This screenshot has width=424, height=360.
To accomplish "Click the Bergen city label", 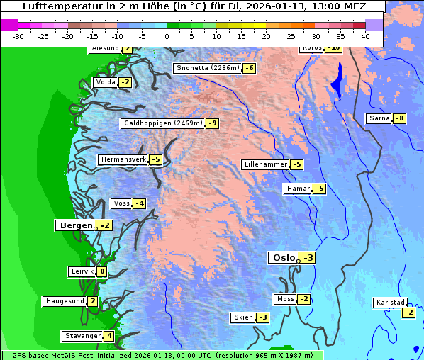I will (x=75, y=225).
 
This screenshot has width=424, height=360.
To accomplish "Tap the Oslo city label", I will (x=283, y=258).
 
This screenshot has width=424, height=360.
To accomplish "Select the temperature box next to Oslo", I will (x=308, y=258).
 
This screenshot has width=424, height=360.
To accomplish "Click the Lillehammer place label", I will (x=265, y=164).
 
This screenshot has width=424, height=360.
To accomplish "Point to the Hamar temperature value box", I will (x=319, y=189).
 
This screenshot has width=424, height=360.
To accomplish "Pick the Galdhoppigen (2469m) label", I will (x=162, y=123).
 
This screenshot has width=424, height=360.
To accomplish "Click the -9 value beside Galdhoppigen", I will (x=212, y=123).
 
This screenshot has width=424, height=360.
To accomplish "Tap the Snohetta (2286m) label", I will (x=207, y=68).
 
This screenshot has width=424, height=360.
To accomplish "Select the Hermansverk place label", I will (x=123, y=159).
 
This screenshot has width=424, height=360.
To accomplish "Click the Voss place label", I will (x=121, y=203).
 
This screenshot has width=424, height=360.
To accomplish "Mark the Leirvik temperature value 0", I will (x=102, y=271).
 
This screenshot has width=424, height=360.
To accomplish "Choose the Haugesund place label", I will (x=65, y=301).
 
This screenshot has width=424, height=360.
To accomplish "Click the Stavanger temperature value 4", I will (x=109, y=336).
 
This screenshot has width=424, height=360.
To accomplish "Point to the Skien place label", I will (x=242, y=317).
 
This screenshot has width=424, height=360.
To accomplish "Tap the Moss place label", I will (x=285, y=299).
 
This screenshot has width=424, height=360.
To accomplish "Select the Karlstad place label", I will (x=391, y=303).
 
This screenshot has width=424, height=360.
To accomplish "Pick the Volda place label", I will (x=105, y=82).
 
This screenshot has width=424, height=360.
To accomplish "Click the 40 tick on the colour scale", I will (x=365, y=35).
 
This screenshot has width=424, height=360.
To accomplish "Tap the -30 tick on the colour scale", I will (x=19, y=35).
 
